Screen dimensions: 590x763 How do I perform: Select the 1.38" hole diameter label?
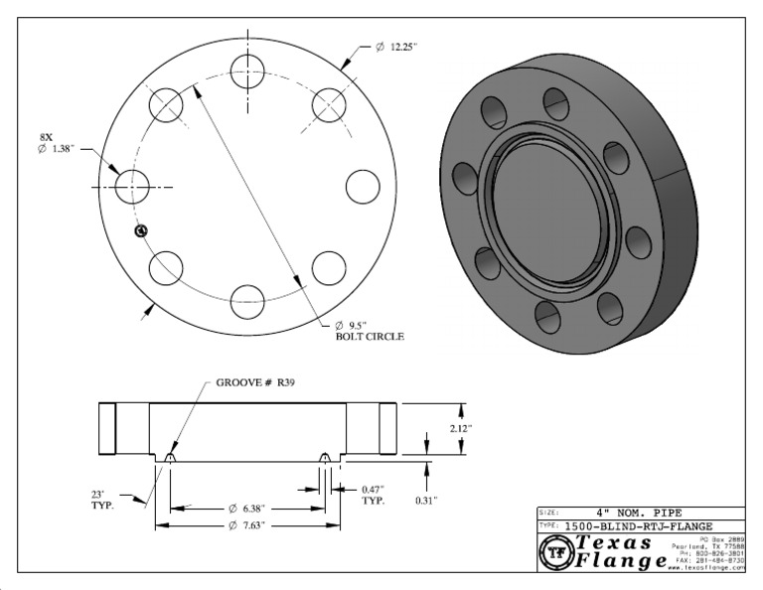pos(61,148)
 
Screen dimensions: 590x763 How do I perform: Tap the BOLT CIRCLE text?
pos(370,338)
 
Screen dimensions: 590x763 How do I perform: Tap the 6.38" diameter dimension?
pos(247,507)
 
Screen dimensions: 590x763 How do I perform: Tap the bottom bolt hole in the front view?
pos(248,301)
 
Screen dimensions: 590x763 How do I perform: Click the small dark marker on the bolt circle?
pos(140,231)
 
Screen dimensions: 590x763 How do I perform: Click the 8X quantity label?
pos(47,135)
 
